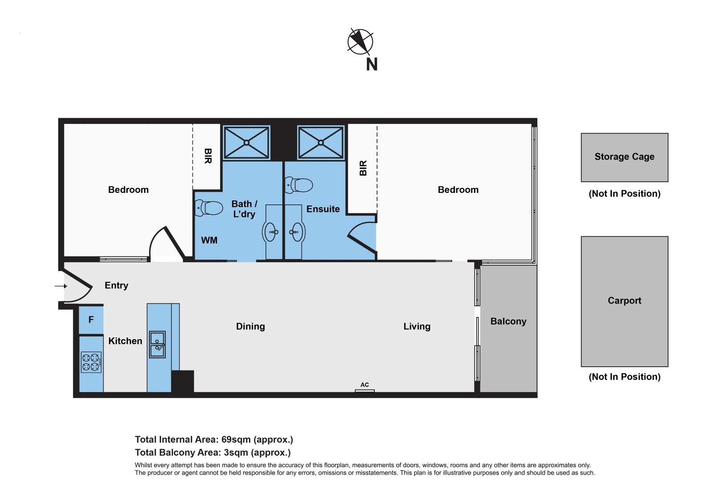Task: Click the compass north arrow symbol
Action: coord(360,42)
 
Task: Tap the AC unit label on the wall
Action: coord(365,385)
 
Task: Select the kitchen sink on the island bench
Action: coord(157,344)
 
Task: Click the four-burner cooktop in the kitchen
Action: coord(91,362)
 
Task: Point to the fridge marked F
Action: coord(91,320)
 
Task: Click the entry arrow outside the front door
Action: coord(61,286)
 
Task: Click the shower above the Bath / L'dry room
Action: coord(246,143)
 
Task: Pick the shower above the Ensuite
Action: coord(321,143)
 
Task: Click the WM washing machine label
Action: coord(209,240)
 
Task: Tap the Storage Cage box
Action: coord(624,157)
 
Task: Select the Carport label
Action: coord(624,300)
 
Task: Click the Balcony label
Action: coord(508,321)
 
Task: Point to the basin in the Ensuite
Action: coord(296,232)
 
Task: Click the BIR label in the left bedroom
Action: coord(208,156)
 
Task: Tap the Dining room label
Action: coord(250,327)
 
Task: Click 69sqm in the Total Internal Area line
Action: coord(236,440)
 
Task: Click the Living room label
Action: coord(417,327)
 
